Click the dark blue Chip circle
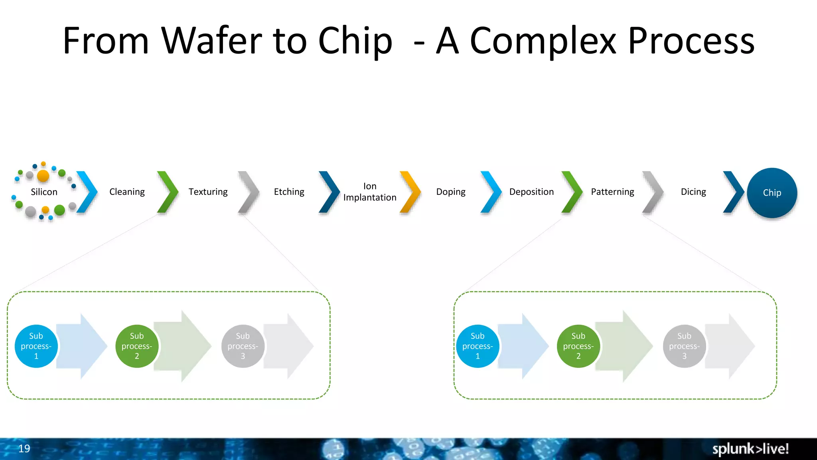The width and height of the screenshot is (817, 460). [x=772, y=193]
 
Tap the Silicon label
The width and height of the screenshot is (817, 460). [x=44, y=192]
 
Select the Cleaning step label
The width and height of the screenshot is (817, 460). [x=127, y=192]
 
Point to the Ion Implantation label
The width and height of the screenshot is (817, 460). [x=370, y=192]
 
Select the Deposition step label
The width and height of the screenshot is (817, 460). [x=531, y=192]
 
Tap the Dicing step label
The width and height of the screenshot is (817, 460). [x=693, y=192]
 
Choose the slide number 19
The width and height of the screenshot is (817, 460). [x=24, y=448]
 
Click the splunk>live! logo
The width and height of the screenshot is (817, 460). [x=750, y=449]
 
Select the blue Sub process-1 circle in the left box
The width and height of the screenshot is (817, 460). [x=36, y=346]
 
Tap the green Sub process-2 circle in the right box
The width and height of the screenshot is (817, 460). [x=578, y=346]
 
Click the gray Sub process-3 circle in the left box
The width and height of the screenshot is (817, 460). [x=243, y=346]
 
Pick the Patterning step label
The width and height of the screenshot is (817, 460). [x=612, y=192]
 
